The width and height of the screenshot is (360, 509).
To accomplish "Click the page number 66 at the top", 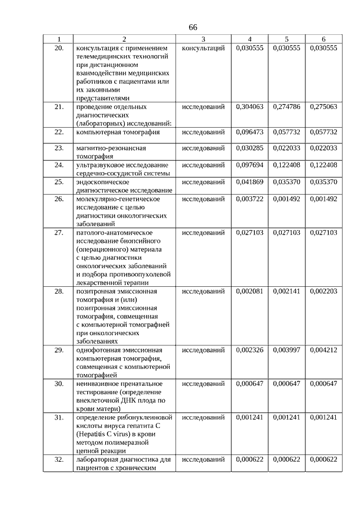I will (x=193, y=27).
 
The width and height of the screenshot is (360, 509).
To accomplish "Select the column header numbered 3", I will (x=203, y=39).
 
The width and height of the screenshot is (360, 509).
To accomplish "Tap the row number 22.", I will (x=58, y=132).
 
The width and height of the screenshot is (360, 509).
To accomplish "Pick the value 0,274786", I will (x=286, y=106).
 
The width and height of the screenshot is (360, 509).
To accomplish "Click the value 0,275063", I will (x=323, y=106).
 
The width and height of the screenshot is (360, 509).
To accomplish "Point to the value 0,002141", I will (x=286, y=291).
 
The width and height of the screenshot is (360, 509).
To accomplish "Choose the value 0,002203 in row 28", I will (x=323, y=291).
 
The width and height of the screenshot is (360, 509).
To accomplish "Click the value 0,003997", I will (x=286, y=350).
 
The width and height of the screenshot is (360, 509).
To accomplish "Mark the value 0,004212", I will (x=323, y=350).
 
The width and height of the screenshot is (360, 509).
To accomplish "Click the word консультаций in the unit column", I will (x=203, y=48).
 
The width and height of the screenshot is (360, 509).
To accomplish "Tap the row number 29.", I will (x=58, y=350).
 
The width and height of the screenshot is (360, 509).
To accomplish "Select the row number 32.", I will (x=58, y=460).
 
